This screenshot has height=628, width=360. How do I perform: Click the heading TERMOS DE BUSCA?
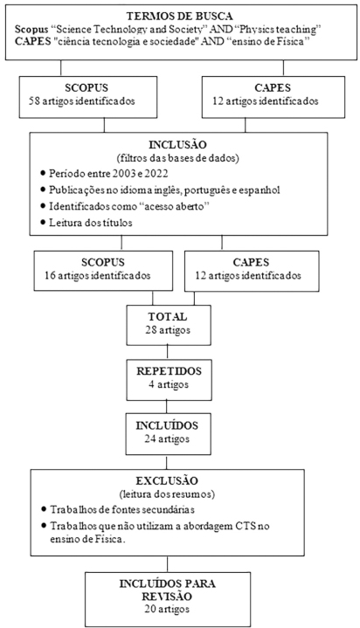pyautogui.click(x=180, y=17)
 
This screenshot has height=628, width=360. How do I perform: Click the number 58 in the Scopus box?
pyautogui.click(x=34, y=101)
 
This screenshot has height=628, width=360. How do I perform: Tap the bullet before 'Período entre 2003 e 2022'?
pyautogui.click(x=43, y=174)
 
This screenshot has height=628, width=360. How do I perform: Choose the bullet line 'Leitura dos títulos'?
pyautogui.click(x=91, y=222)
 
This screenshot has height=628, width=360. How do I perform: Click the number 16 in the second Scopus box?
pyautogui.click(x=50, y=275)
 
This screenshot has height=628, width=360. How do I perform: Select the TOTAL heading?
pyautogui.click(x=168, y=317)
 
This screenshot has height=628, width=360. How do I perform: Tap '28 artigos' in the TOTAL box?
pyautogui.click(x=168, y=330)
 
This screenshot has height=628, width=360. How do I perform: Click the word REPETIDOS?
pyautogui.click(x=169, y=371)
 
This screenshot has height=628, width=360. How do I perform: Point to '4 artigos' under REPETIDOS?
pyautogui.click(x=169, y=384)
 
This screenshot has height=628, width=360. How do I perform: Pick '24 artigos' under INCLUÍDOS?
pyautogui.click(x=168, y=438)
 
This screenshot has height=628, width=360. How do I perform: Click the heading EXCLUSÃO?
pyautogui.click(x=167, y=480)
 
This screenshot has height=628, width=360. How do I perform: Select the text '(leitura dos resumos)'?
pyautogui.click(x=167, y=494)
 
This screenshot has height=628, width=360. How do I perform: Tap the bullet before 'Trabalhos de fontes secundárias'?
pyautogui.click(x=44, y=509)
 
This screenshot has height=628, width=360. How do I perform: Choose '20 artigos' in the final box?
pyautogui.click(x=168, y=609)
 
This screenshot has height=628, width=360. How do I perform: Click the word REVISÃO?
pyautogui.click(x=168, y=597)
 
